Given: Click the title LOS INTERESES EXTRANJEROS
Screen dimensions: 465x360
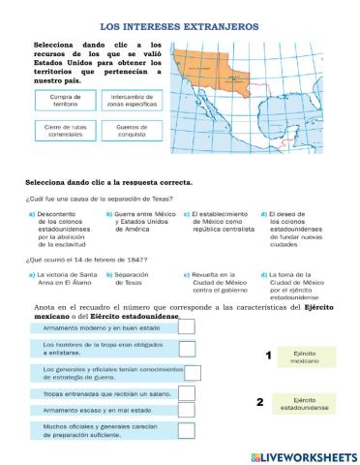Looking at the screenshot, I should point(180,31).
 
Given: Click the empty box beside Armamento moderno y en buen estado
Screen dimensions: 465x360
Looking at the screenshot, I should point(188,326).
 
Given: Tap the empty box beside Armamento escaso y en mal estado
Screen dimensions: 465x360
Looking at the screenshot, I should point(188,411).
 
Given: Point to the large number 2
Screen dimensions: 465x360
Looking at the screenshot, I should point(259,402).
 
